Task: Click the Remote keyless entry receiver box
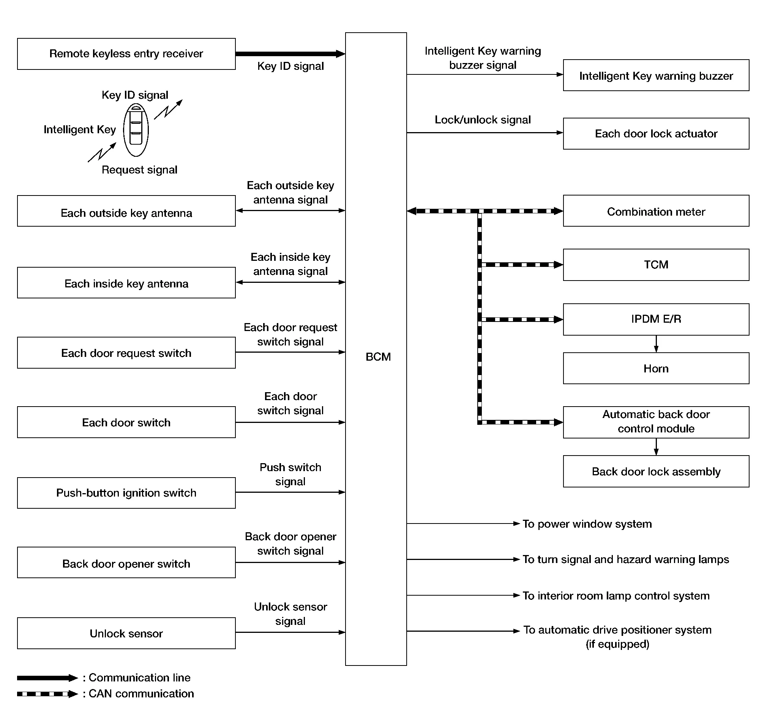126,54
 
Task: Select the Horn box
655,368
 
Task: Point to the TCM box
655,265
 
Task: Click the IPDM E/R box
655,319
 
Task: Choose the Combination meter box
655,211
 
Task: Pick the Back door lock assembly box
655,471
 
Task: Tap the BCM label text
378,356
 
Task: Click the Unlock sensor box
126,633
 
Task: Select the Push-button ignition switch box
126,492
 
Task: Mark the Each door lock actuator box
655,134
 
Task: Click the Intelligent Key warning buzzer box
655,76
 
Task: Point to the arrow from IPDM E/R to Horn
656,344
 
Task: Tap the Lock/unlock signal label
483,120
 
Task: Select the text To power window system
587,524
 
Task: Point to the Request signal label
139,170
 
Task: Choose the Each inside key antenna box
126,283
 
